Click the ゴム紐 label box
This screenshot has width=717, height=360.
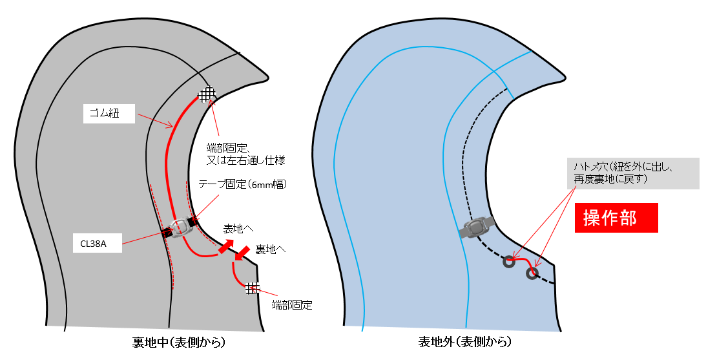click(109, 115)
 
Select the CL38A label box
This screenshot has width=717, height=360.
click(98, 244)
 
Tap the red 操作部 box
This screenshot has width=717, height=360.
click(616, 218)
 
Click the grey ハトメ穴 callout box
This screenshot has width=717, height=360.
click(632, 173)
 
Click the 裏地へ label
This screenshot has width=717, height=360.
click(271, 249)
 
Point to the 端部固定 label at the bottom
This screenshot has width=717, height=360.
click(292, 305)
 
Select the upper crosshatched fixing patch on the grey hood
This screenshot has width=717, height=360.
click(206, 94)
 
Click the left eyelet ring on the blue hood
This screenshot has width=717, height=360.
click(508, 262)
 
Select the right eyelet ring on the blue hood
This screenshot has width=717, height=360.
click(532, 273)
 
